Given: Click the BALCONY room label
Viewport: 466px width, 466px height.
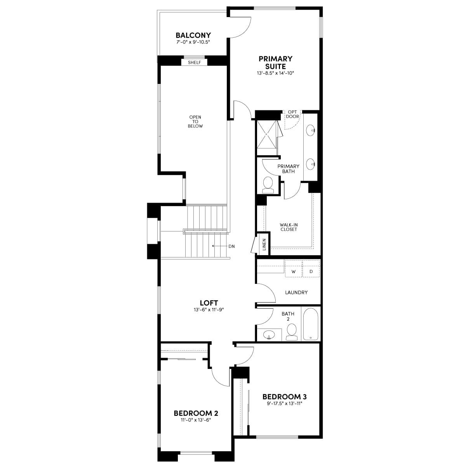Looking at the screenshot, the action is pos(193,35).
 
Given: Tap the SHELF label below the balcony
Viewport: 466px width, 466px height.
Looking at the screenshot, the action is pos(195,63).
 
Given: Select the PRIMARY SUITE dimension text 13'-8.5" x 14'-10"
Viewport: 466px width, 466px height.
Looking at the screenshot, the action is pos(275,73).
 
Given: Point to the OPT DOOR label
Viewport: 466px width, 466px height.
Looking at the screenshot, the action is pos(292,114).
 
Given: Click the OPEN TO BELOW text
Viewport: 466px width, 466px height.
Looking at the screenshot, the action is pos(195,122).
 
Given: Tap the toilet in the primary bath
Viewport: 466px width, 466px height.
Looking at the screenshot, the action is pos(268,185).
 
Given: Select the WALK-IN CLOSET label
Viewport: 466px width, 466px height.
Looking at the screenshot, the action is pos(289,227).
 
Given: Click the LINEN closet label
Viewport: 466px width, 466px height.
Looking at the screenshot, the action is pos(264,244).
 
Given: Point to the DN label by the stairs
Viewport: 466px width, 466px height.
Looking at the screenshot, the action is pos(232,247).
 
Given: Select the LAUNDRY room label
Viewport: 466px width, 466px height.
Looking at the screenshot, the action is pos(296,292).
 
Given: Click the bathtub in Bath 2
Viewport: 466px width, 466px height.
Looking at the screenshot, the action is pos(311,324).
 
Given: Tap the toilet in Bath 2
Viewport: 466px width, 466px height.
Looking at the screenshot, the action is pos(292,332).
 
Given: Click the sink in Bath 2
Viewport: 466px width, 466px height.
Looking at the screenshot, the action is pos(269,335).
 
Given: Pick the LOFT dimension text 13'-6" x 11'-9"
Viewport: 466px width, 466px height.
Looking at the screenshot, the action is pos(209,310).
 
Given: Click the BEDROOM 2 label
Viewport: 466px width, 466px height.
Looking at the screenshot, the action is pos(196,413).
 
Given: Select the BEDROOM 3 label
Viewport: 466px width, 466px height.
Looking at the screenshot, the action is pos(285,396).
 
